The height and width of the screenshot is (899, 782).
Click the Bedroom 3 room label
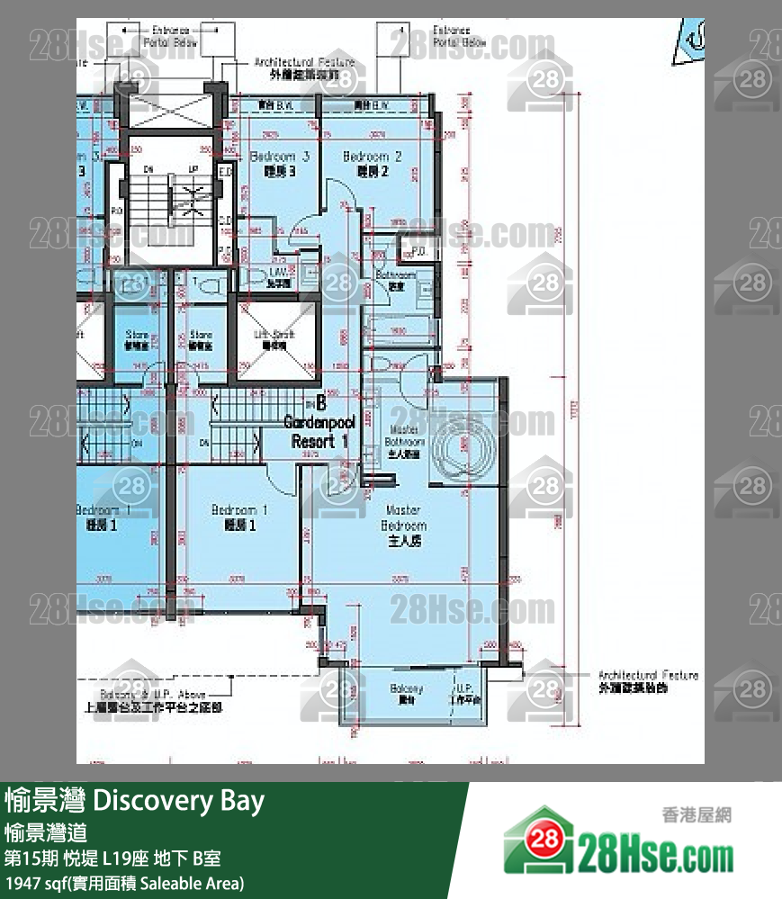point(280,163)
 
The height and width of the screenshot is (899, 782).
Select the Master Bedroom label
point(404,526)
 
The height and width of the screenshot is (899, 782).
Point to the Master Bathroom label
point(405,442)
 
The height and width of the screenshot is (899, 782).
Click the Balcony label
point(407,693)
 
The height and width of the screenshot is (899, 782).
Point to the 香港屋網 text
point(697,815)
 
